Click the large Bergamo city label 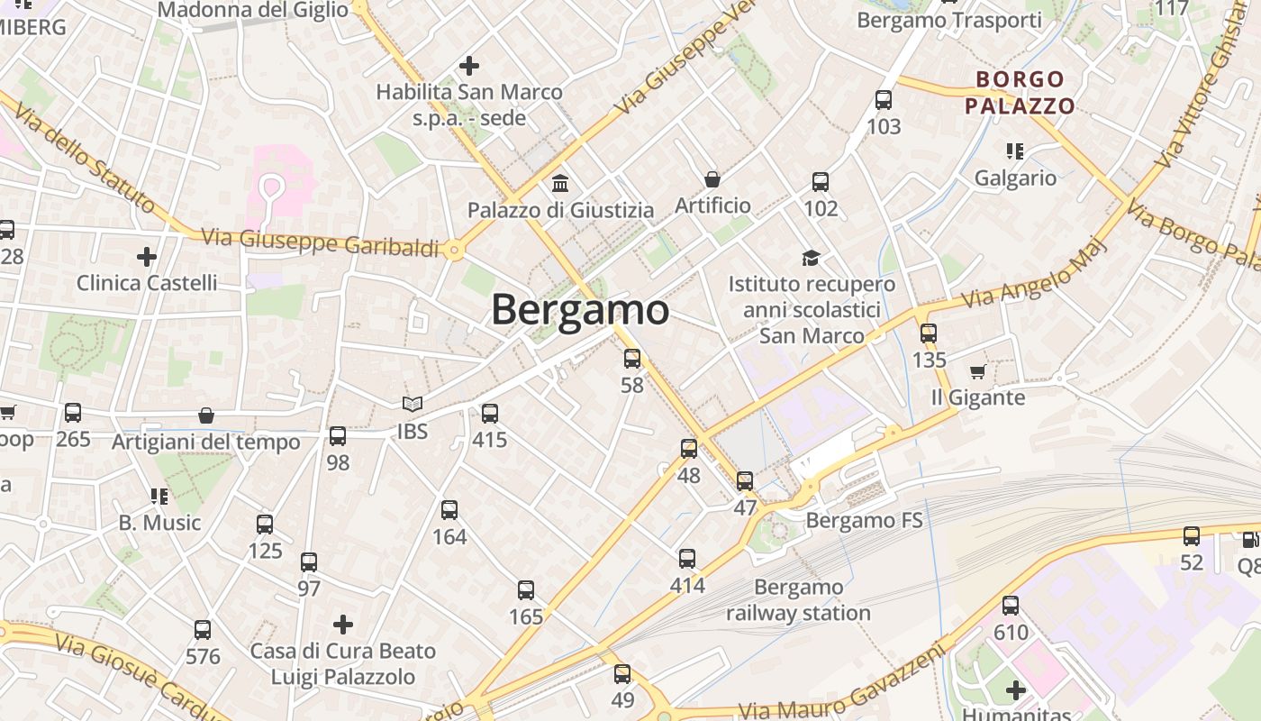tap(580, 310)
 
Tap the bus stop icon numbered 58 tap(632, 359)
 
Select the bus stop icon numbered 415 tap(490, 414)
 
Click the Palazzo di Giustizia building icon tap(560, 184)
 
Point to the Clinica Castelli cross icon tap(147, 257)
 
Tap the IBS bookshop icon tap(413, 406)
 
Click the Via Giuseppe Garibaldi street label tap(320, 242)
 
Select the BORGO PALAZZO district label tap(1020, 93)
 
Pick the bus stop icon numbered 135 tap(929, 333)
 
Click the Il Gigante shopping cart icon tap(978, 371)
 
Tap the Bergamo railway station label tap(799, 600)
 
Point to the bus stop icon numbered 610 tap(1011, 606)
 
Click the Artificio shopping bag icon tap(712, 179)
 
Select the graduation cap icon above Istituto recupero tap(812, 258)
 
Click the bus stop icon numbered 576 tap(203, 630)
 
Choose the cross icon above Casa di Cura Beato tap(343, 624)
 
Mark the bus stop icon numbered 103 tap(884, 99)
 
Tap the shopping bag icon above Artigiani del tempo tap(206, 415)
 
